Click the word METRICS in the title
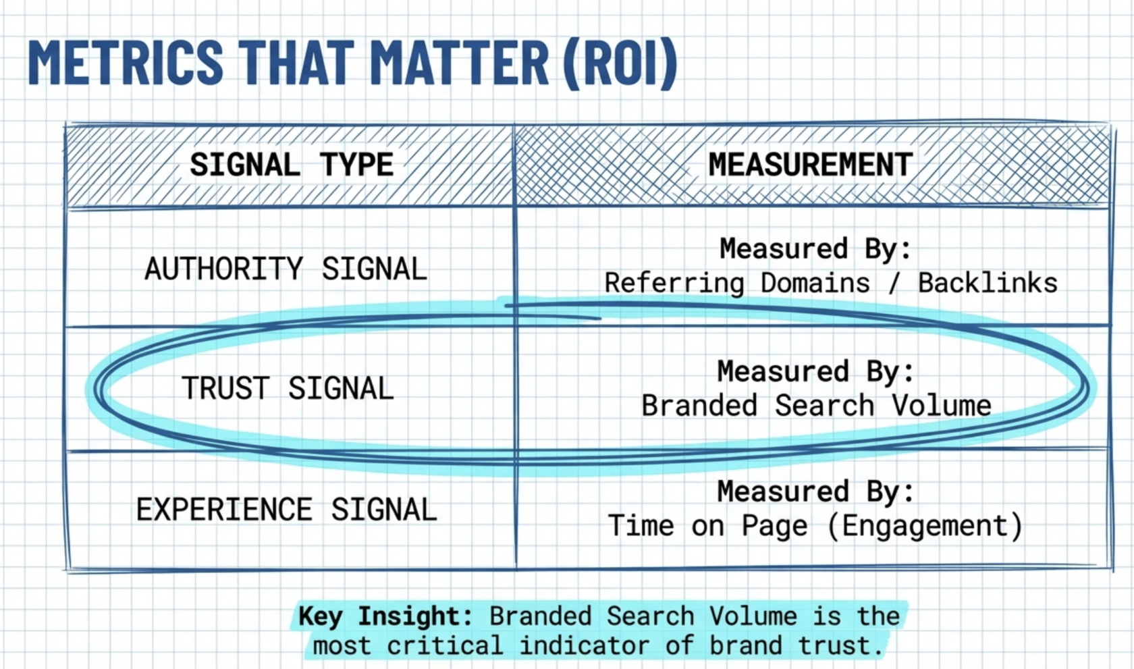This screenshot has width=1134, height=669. tap(126, 61)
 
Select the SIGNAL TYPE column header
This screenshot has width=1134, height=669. tap(292, 165)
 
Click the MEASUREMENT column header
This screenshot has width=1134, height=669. tap(811, 165)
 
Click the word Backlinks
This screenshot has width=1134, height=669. tap(988, 283)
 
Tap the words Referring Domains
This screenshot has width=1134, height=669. tap(737, 284)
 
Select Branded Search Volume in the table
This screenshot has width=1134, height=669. tap(816, 406)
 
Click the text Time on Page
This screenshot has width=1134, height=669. tap(707, 526)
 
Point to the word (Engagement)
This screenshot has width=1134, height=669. tap(925, 526)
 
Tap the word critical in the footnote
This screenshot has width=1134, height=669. tap(445, 645)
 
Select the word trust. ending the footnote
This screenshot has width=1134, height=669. tap(840, 645)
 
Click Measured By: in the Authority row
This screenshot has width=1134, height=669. tap(815, 248)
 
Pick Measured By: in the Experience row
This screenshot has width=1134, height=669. tap(815, 491)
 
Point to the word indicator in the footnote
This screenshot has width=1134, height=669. tap(585, 645)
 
